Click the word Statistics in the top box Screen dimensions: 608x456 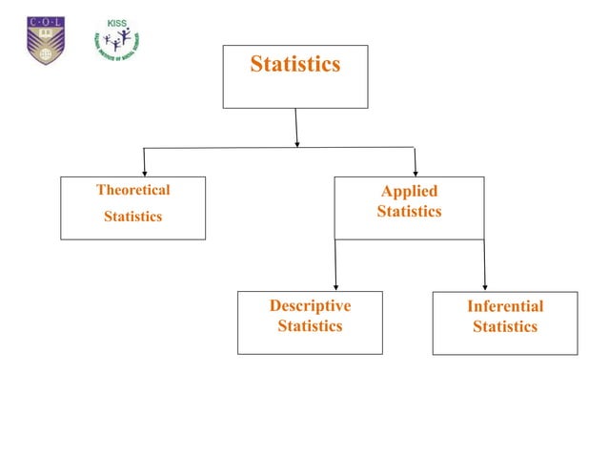point(294,65)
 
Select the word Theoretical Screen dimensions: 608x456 point(133,190)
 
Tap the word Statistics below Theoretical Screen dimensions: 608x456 point(133,217)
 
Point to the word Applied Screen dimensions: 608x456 point(409,192)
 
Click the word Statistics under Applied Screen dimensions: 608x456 point(409,211)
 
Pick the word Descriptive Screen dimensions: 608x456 point(310,306)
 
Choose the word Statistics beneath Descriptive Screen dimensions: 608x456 point(310,326)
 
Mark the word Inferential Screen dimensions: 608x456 point(505,306)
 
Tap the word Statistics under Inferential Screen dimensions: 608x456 point(505,326)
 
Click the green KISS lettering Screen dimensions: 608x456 point(117,23)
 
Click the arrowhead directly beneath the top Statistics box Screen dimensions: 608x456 point(297,143)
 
